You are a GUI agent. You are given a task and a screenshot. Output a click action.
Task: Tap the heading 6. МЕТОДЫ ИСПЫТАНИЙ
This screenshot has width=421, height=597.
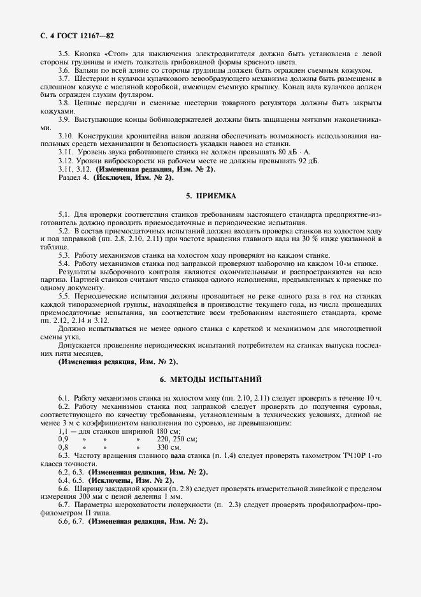(210, 380)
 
